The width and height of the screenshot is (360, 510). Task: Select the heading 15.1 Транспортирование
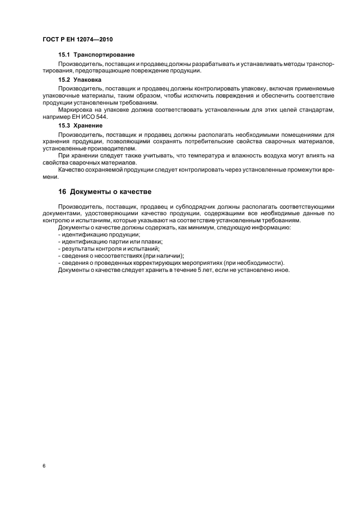click(96, 55)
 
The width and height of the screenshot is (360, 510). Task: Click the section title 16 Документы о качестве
click(105, 192)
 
